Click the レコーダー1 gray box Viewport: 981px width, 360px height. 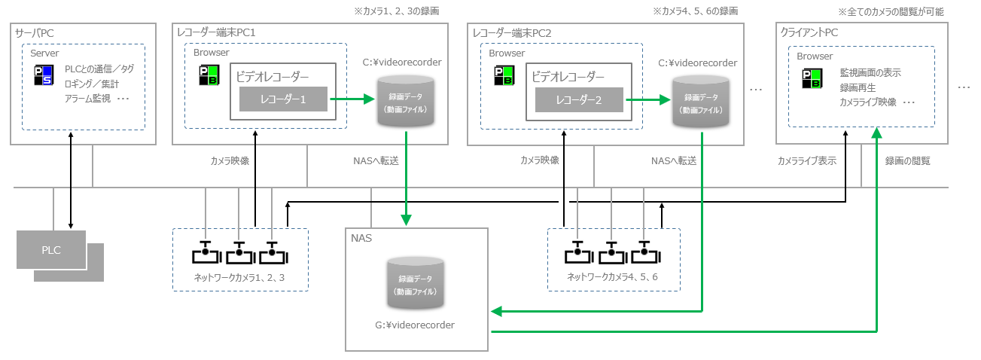[x=282, y=99]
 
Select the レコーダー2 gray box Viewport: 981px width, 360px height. [x=578, y=99]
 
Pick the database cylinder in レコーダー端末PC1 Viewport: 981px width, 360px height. [x=407, y=102]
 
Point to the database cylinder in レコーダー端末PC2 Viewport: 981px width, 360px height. [x=702, y=102]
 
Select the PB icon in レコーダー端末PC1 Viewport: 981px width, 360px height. [x=208, y=75]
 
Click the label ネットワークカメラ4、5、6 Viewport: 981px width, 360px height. [x=613, y=277]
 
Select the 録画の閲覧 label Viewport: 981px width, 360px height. [x=907, y=160]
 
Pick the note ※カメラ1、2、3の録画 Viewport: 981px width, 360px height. [x=397, y=11]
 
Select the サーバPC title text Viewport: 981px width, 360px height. [x=35, y=33]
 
